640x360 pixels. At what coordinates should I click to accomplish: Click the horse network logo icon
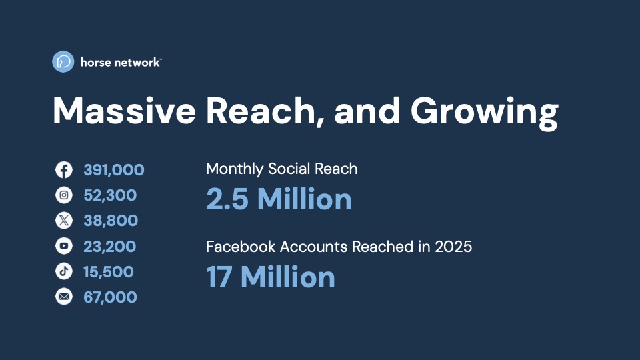[x=63, y=61]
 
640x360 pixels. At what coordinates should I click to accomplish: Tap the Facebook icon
[x=64, y=170]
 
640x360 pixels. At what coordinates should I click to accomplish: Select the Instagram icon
[x=64, y=195]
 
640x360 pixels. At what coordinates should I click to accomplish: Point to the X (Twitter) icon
[x=64, y=221]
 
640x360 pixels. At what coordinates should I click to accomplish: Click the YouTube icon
[x=64, y=246]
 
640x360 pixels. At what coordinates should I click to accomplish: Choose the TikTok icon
[x=64, y=271]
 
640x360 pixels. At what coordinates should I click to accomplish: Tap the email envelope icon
[x=64, y=297]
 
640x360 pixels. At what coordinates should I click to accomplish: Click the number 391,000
[x=114, y=170]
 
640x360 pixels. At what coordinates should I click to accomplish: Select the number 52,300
[x=110, y=195]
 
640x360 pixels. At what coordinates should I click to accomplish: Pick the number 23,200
[x=110, y=246]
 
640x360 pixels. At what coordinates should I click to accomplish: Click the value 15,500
[x=109, y=271]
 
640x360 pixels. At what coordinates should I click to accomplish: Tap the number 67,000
[x=110, y=297]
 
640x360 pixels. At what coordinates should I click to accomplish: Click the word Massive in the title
[x=125, y=111]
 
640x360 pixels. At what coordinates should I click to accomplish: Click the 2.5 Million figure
[x=279, y=199]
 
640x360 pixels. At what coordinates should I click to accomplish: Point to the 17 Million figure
[x=271, y=277]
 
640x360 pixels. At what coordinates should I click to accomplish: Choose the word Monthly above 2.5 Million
[x=235, y=169]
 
